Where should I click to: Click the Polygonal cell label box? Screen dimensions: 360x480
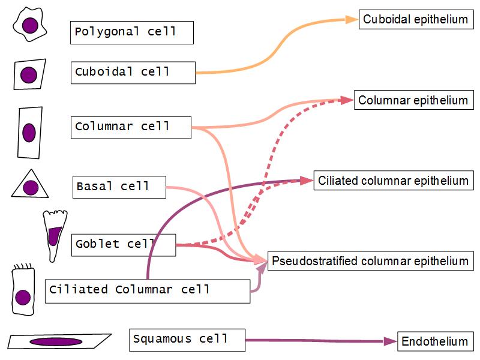coord(131,32)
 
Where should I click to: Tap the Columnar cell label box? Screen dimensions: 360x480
coord(130,127)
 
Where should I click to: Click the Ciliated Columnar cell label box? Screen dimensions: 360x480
coord(147,290)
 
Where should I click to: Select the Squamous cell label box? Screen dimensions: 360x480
coord(187,340)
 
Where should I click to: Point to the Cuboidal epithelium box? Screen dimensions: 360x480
coord(415,20)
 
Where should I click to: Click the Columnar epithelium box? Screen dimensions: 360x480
coord(413,100)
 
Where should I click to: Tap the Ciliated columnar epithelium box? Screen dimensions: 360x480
coord(392,181)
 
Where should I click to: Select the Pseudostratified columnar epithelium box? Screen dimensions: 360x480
coord(369,261)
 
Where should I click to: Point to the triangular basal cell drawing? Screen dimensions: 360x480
coord(29,185)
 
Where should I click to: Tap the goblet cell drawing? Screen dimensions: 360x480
coord(54,234)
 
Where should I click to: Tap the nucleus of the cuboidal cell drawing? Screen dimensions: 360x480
coord(28,75)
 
